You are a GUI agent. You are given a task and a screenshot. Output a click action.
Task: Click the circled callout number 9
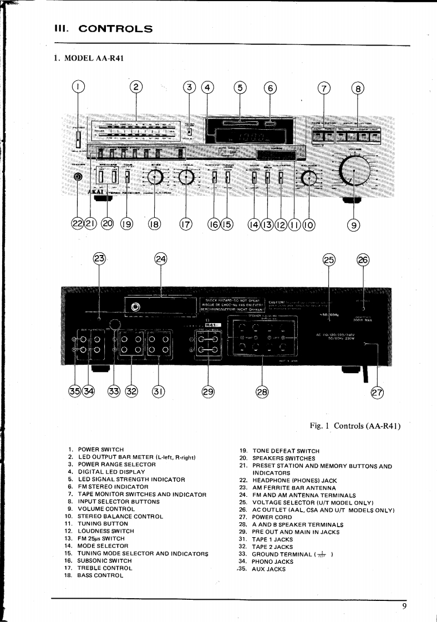coord(353,224)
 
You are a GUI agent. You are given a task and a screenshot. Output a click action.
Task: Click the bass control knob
coord(155,177)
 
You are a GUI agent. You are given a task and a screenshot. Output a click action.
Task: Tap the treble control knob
coord(187,177)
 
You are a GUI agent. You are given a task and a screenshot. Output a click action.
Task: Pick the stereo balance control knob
coord(308,177)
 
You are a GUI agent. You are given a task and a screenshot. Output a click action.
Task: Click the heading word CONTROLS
coord(116,28)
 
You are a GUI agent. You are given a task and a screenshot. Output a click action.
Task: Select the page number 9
coord(405,606)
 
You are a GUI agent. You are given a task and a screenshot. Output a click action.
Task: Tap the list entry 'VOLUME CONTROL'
coord(105,509)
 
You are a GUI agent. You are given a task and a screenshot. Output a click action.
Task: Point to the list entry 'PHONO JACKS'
coord(272,562)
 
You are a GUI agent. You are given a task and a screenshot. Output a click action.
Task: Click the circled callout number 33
coord(114,391)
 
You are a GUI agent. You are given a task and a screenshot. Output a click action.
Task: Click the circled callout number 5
coord(240,87)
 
